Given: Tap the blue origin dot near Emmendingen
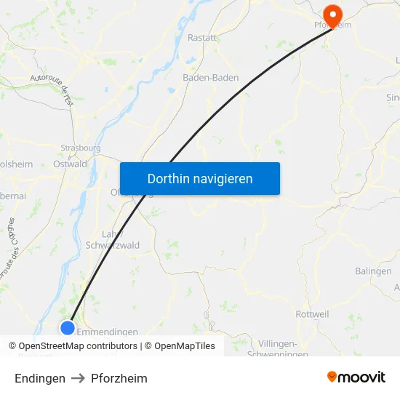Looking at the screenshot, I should pyautogui.click(x=67, y=327).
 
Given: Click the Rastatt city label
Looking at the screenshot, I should pyautogui.click(x=202, y=37).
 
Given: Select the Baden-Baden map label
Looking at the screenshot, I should pyautogui.click(x=210, y=77).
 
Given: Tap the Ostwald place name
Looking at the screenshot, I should pyautogui.click(x=71, y=164).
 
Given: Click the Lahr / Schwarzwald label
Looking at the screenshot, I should pyautogui.click(x=113, y=239).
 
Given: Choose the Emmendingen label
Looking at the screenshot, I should pyautogui.click(x=108, y=332).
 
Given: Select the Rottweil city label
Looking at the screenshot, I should pyautogui.click(x=313, y=314).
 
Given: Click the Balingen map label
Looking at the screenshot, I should pyautogui.click(x=373, y=271).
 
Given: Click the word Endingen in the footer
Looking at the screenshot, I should pyautogui.click(x=40, y=378).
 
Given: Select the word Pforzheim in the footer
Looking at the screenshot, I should pyautogui.click(x=119, y=378).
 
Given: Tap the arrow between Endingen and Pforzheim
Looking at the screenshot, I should pyautogui.click(x=79, y=378).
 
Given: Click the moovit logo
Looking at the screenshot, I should pyautogui.click(x=356, y=377).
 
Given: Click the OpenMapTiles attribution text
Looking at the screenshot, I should pyautogui.click(x=185, y=346).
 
